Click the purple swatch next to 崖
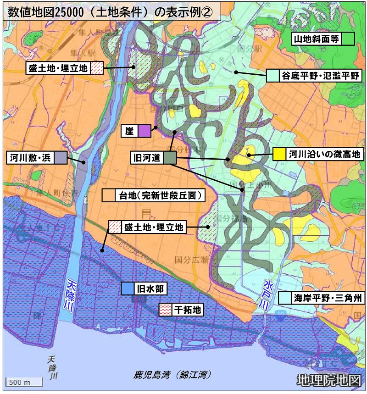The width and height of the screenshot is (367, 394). [x=144, y=131]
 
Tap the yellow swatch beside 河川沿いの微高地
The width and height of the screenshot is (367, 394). [x=279, y=155]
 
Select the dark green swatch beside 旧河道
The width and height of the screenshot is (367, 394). [x=170, y=158]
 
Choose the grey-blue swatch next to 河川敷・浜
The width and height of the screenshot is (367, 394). [x=60, y=158]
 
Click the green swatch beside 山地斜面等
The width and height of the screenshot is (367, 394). [x=348, y=39]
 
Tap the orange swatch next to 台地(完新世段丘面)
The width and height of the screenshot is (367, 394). [x=108, y=195]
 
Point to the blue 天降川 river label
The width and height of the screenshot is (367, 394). [x=71, y=294]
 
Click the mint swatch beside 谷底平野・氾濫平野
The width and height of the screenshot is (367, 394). [x=273, y=75]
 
